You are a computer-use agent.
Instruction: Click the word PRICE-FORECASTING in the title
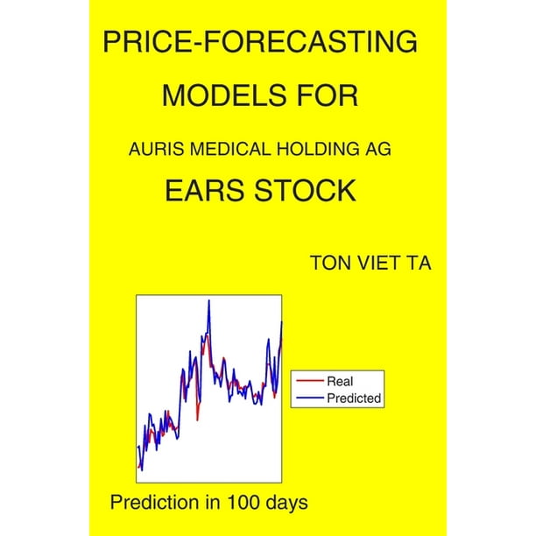[x=260, y=42]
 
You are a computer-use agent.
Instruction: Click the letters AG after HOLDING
[x=377, y=150]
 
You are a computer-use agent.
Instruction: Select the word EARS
[x=206, y=190]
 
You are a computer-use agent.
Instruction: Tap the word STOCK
[x=306, y=190]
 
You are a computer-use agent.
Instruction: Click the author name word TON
[x=330, y=263]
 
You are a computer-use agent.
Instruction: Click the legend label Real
[x=340, y=381]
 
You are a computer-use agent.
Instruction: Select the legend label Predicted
[x=354, y=398]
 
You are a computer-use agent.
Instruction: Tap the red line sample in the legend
[x=310, y=380]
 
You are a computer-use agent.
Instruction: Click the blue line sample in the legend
[x=310, y=398]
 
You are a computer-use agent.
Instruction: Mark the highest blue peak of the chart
[x=208, y=300]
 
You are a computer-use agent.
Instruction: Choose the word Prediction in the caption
[x=154, y=503]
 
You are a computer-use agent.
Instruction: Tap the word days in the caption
[x=289, y=504]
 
